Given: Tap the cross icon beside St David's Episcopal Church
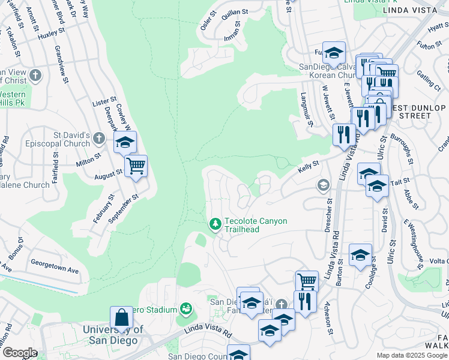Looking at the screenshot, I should click(x=100, y=139).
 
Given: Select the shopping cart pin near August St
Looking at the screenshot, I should click(x=136, y=166).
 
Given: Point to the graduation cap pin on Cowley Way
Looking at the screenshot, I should click(x=125, y=143).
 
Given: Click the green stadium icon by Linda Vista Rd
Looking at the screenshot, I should click(x=186, y=309).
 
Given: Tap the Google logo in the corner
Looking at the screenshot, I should click(x=19, y=353).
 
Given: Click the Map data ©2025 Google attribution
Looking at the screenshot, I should click(x=411, y=355).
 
